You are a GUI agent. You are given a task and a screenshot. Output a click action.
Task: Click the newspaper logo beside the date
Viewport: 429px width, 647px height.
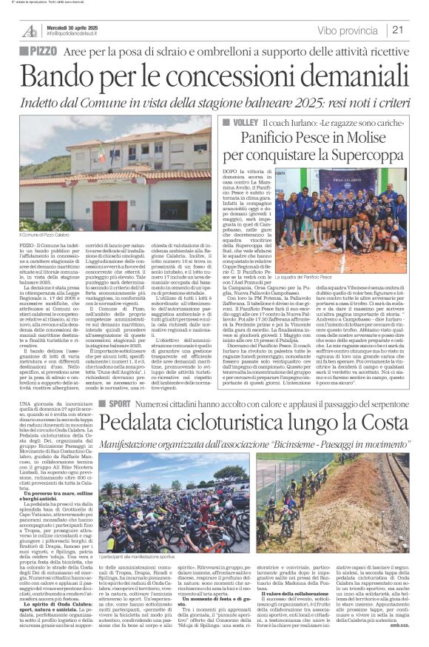(30, 30)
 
